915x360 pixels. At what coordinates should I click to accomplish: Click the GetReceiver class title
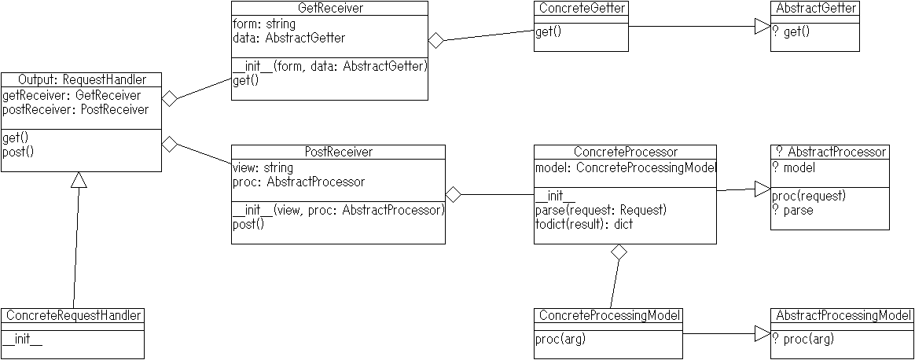(x=329, y=8)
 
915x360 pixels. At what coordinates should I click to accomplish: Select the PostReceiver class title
(x=339, y=152)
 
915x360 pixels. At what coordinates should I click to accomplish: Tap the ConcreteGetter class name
(x=581, y=8)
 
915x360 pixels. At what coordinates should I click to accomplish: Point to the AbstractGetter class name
(x=815, y=8)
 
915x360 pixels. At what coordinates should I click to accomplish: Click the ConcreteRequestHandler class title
(x=74, y=316)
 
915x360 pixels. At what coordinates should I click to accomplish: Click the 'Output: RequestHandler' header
(x=82, y=79)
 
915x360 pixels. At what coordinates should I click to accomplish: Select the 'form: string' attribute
(x=264, y=24)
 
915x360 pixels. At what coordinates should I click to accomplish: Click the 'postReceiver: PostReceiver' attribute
(x=75, y=110)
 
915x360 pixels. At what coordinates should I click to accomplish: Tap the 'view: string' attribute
(x=263, y=168)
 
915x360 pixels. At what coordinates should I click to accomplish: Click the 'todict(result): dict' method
(x=584, y=224)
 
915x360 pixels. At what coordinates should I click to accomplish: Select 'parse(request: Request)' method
(x=601, y=210)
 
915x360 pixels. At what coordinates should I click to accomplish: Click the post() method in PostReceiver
(x=248, y=225)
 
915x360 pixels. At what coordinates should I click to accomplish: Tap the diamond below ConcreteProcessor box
(x=619, y=252)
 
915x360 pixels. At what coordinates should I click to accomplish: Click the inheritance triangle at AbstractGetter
(x=762, y=26)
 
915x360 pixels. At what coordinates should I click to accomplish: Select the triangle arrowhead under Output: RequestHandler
(x=79, y=180)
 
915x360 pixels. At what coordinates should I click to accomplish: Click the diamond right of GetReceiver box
(x=436, y=41)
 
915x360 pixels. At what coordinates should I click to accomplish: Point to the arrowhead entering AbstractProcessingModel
(x=762, y=334)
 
